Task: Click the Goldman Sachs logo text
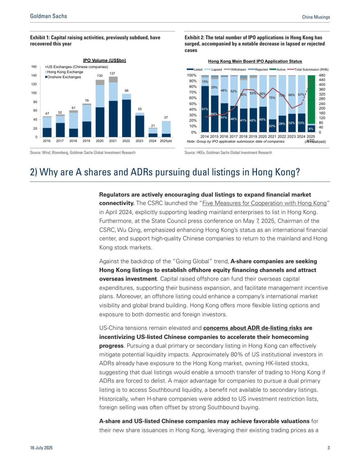coord(48,16)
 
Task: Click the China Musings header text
coord(316,17)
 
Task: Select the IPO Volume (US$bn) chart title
coord(104,60)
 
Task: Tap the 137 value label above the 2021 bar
coord(112,74)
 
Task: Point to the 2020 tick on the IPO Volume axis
coord(99,141)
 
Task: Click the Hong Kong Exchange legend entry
coord(65,72)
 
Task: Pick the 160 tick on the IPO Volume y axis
coord(34,67)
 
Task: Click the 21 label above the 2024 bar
coord(153,126)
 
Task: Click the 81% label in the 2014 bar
coord(205,109)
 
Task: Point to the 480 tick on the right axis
coord(322,75)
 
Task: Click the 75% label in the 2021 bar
coord(272,98)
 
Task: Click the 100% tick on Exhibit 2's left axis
coord(191,75)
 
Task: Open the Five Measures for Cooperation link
coord(264,203)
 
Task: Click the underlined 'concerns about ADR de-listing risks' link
coord(253,328)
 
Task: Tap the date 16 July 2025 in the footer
coord(41,448)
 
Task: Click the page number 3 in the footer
coord(328,448)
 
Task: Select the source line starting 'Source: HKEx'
coord(228,153)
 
